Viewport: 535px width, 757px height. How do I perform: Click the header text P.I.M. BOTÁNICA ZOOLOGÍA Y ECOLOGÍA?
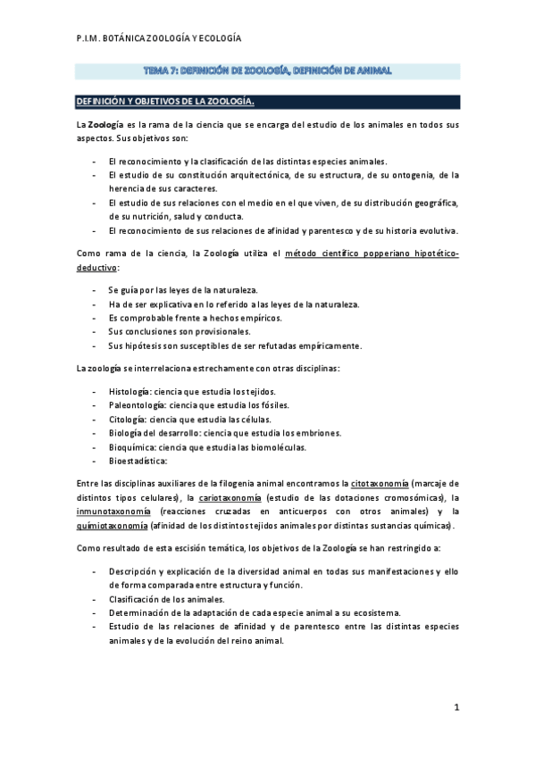pyautogui.click(x=158, y=39)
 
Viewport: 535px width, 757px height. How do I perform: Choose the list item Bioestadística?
pyautogui.click(x=138, y=462)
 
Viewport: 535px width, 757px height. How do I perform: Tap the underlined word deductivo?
pyautogui.click(x=96, y=269)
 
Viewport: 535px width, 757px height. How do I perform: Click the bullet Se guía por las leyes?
pyautogui.click(x=170, y=291)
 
